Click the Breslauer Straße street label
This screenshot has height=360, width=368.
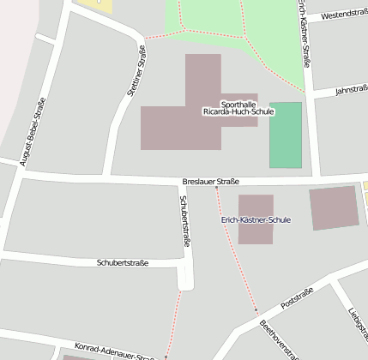(x=210, y=182)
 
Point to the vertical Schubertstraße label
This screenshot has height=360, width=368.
(x=184, y=221)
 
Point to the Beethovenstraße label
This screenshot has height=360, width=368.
(x=278, y=339)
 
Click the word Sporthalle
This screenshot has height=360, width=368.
(x=238, y=103)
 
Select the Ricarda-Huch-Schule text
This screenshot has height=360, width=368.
(x=238, y=112)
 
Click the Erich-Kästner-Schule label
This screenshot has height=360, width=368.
(x=256, y=220)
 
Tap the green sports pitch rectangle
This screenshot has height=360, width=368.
(x=286, y=135)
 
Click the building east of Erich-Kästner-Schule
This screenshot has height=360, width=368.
(x=334, y=207)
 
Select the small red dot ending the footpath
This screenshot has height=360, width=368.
(x=256, y=310)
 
